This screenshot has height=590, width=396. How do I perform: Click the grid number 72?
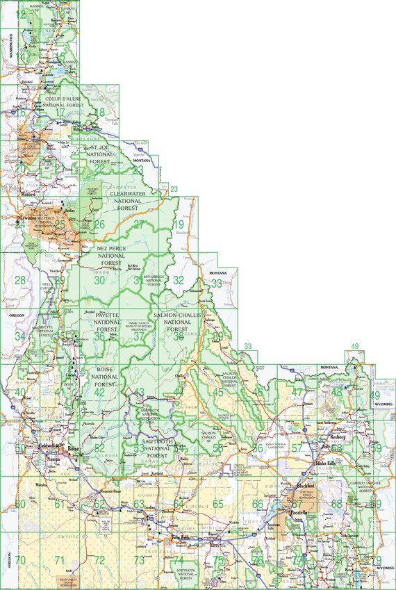pos(99,560)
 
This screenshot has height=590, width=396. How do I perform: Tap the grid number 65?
pos(218,504)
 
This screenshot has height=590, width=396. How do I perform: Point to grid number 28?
pos(21,281)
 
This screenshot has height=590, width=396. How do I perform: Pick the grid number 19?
pos(179,224)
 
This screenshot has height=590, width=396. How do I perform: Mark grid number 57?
pos(297,448)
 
